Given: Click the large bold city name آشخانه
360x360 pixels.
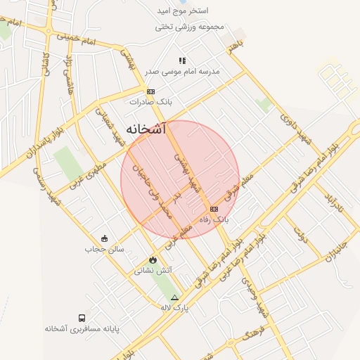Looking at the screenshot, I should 146,129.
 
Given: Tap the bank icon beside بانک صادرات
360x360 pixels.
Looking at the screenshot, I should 150,92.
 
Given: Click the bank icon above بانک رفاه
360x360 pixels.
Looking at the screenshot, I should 214,209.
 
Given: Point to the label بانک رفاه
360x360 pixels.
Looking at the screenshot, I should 214,220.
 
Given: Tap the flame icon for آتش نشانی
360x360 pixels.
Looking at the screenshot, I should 153,259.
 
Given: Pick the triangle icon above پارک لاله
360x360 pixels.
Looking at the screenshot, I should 175,297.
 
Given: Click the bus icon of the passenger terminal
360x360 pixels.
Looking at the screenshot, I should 82,318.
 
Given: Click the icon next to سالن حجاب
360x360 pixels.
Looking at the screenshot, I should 104,238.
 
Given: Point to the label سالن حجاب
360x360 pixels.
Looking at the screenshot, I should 104,249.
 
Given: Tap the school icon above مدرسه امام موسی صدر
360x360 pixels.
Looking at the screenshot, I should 182,60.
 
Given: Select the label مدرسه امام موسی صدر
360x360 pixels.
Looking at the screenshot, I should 182,71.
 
